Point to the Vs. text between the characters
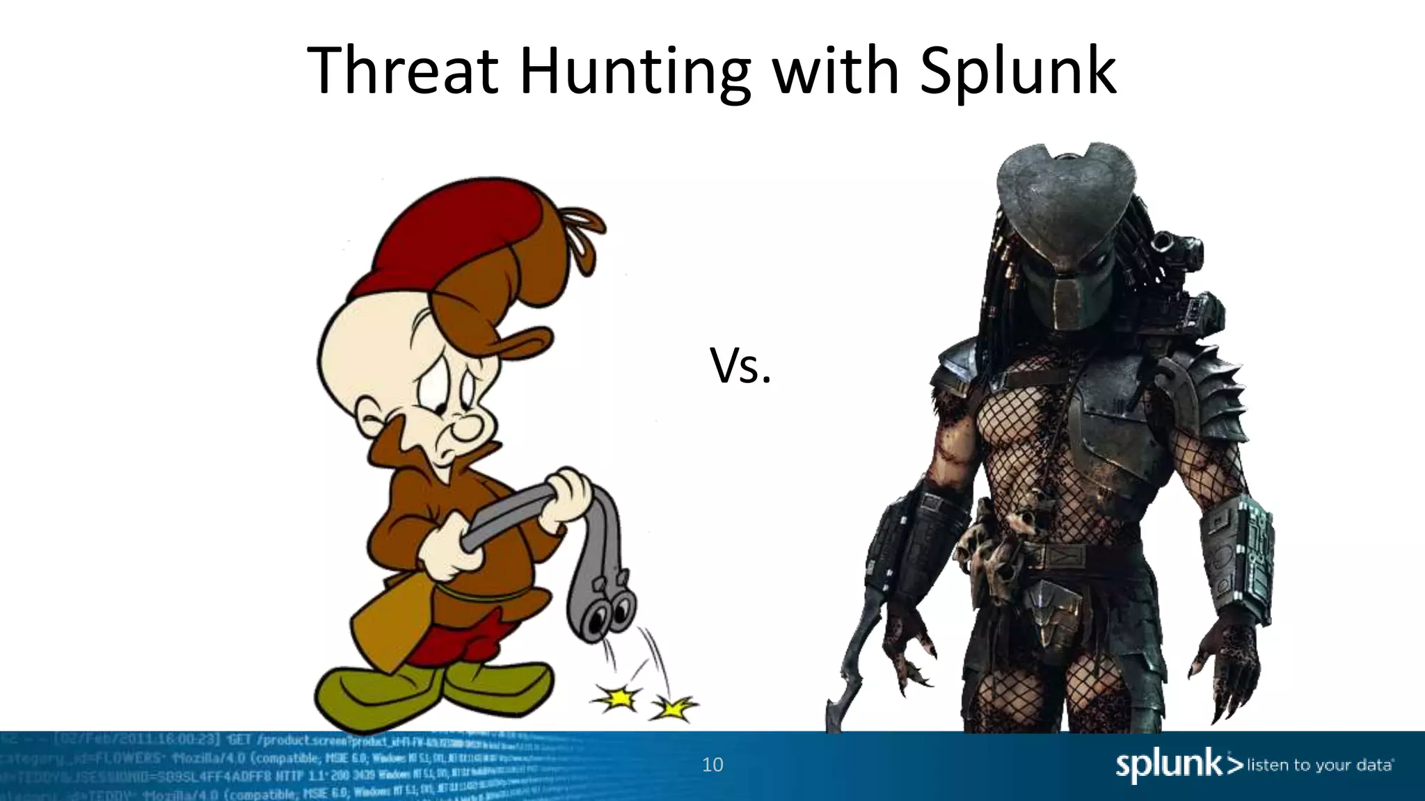click(740, 366)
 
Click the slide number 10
click(712, 765)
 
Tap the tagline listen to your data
click(1320, 766)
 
